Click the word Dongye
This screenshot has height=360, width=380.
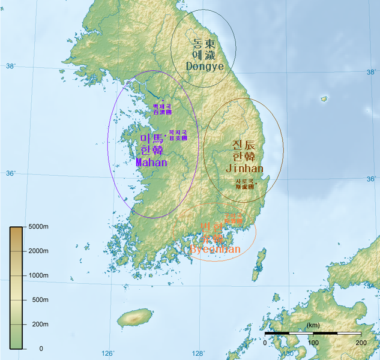204,65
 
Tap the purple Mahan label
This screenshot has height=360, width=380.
151,162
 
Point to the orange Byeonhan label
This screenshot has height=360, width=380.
215,249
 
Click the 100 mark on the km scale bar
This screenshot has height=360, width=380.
313,343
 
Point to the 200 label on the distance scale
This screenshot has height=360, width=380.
360,343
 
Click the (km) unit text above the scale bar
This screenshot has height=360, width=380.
312,325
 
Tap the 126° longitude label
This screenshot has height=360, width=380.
109,353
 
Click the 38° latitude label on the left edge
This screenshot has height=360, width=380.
11,65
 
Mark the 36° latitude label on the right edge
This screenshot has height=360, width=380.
371,179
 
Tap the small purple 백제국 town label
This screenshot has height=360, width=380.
162,109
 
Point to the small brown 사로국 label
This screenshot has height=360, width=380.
244,184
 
